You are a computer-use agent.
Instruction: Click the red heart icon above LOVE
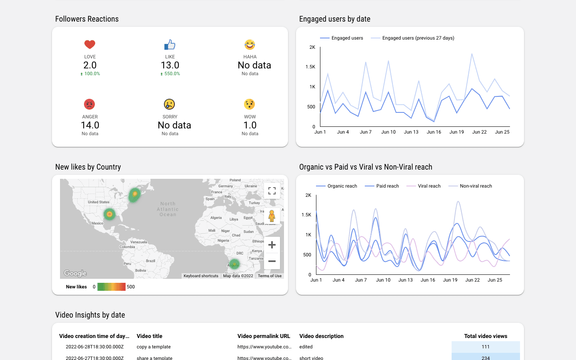(90, 44)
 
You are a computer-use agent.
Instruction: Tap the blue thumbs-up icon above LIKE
(170, 44)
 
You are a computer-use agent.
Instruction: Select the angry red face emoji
(90, 104)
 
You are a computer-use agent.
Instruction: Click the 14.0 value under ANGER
(90, 125)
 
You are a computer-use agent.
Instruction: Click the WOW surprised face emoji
(250, 104)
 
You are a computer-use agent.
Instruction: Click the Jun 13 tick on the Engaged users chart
(411, 132)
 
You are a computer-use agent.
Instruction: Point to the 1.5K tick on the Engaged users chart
(310, 67)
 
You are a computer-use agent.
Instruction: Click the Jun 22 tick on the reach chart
(472, 280)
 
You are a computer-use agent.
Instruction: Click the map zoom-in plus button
(272, 245)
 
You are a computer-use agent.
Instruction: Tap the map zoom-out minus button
(272, 261)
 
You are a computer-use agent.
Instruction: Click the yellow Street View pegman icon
(272, 216)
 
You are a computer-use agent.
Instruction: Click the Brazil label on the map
(150, 261)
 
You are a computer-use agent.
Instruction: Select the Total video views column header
(486, 336)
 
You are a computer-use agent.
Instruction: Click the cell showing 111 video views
(486, 347)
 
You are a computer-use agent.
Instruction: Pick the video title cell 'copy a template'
(154, 347)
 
